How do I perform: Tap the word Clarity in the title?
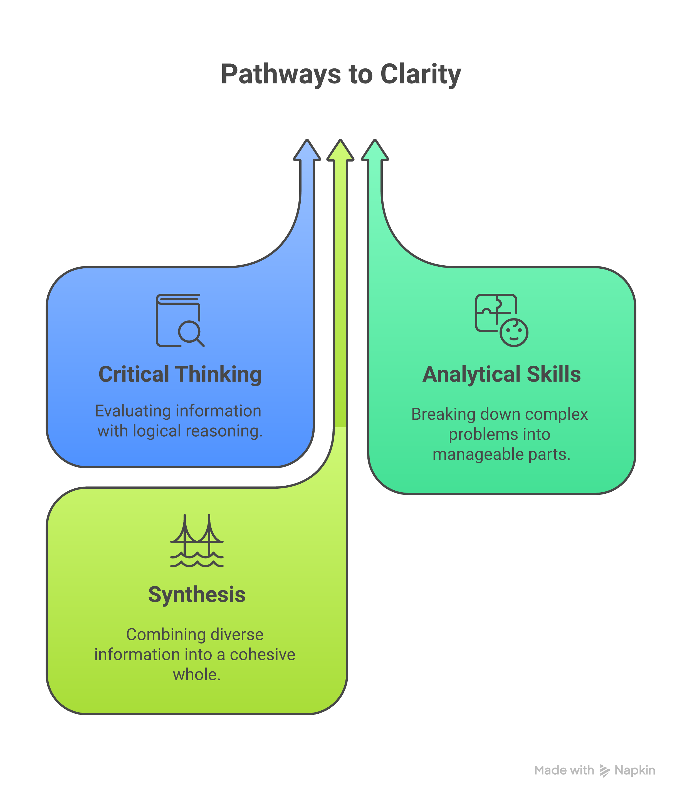tap(420, 74)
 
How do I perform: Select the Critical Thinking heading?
tap(180, 375)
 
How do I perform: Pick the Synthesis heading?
tap(197, 595)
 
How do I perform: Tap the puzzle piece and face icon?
tap(501, 320)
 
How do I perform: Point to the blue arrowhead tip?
tap(307, 140)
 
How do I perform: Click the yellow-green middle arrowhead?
tap(340, 150)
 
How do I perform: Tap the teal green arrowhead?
tap(375, 150)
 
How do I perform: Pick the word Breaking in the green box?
tap(443, 415)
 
